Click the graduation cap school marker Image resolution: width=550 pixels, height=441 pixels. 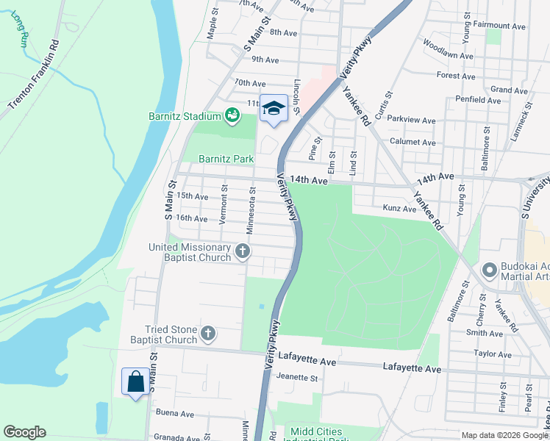274,109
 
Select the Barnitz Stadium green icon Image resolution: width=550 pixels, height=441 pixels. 232,115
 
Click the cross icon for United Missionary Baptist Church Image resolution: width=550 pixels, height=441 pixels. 243,253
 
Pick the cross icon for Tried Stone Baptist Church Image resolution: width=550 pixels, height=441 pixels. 208,334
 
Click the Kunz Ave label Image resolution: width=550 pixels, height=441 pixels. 400,209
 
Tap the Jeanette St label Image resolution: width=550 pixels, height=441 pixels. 297,378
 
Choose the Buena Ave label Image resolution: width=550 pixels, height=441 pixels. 174,414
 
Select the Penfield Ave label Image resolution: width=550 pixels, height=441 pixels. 478,99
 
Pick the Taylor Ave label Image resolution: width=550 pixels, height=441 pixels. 493,354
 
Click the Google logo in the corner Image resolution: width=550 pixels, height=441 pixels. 24,432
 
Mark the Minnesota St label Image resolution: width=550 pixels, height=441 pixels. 251,214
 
